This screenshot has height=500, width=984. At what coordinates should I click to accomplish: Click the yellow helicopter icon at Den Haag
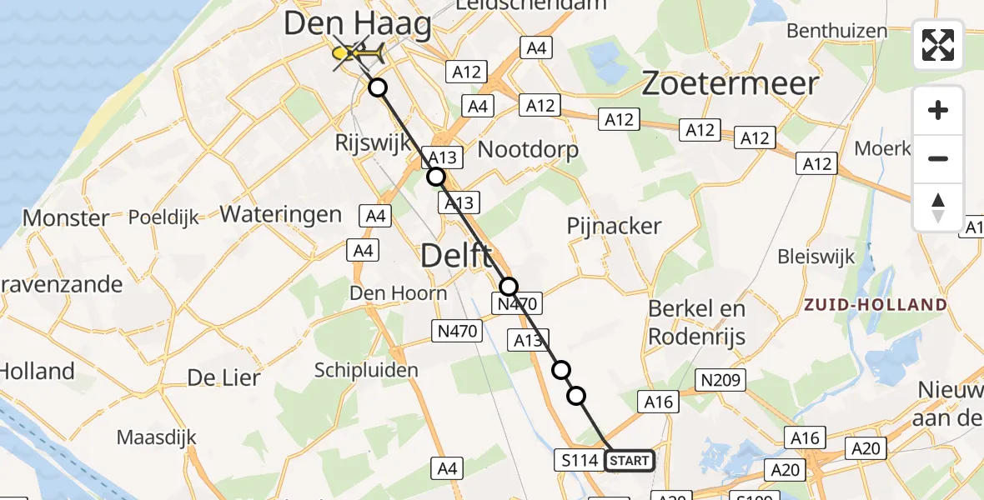[x=358, y=54]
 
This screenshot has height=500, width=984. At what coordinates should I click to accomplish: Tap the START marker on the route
[x=629, y=461]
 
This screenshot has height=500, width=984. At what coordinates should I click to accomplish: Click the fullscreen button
[x=938, y=45]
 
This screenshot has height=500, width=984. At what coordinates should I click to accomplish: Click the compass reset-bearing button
[x=938, y=207]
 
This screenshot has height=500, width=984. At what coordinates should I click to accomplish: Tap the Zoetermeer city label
[x=730, y=84]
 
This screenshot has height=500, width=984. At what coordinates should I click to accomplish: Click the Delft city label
[x=455, y=256]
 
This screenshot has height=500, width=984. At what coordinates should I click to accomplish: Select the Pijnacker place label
[x=614, y=226]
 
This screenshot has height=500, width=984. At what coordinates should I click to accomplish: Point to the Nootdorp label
[x=528, y=150]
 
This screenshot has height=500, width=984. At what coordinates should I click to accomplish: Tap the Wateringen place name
[x=281, y=214]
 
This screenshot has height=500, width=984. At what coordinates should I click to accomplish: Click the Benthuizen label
[x=836, y=32]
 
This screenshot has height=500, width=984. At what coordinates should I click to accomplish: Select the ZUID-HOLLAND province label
[x=875, y=304]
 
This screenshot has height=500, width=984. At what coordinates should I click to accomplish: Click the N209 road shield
[x=721, y=380]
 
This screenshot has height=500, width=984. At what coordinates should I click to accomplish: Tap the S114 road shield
[x=578, y=460]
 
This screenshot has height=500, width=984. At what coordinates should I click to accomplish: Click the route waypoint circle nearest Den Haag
[x=379, y=87]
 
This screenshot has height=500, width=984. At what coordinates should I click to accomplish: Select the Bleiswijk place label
[x=816, y=256]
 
